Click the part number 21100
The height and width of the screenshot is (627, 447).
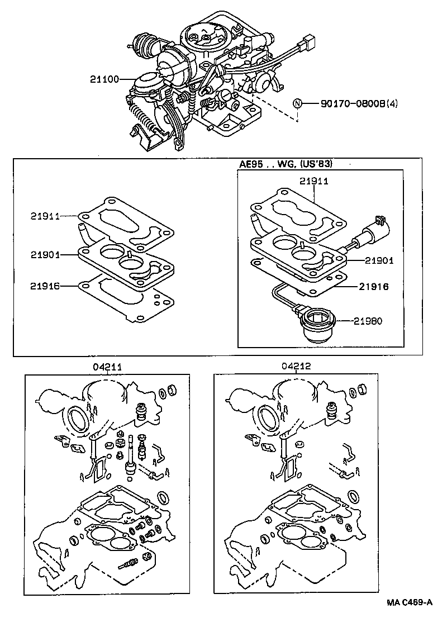coord(104,79)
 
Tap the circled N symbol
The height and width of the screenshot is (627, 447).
coord(298,103)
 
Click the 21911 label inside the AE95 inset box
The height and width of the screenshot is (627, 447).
coord(313,182)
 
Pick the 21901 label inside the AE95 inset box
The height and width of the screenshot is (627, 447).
coord(380,260)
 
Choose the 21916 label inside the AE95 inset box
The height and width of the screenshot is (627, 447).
coord(374,286)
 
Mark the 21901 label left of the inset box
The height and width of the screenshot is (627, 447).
coord(46,255)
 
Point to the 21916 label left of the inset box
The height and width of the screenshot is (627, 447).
coord(46,286)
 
